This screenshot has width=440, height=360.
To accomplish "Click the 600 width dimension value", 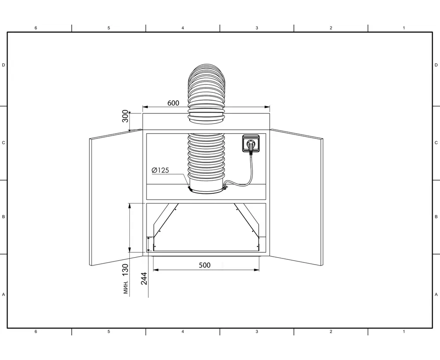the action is point(173,103).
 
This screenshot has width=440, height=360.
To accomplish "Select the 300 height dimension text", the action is point(125,116).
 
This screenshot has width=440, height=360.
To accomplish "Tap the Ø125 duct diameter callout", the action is point(160,170).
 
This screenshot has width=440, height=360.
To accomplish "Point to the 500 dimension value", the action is point(205,265).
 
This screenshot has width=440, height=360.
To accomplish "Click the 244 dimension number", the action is point(144,278).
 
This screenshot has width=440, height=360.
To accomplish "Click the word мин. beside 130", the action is point(126,287).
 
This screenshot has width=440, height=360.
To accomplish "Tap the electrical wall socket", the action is point(250,143).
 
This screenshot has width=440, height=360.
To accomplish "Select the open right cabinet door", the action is point(296,197).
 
